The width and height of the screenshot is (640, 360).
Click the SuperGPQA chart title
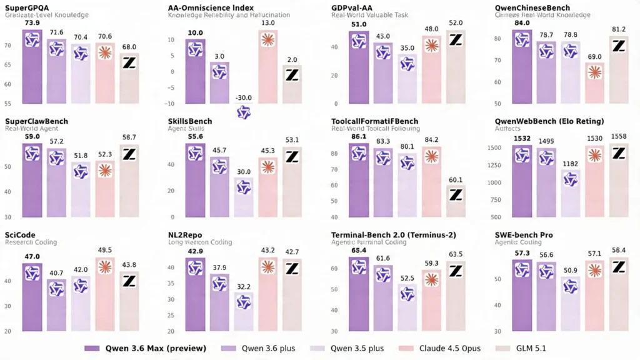[27, 7]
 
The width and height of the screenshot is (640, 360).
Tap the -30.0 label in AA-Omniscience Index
[244, 97]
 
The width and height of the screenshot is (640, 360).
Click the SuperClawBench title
[36, 121]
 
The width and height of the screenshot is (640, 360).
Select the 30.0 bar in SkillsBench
[244, 197]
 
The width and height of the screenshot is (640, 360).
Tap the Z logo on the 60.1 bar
[456, 194]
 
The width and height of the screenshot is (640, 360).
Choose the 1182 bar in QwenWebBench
[570, 194]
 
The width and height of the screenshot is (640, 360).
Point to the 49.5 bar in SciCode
[105, 294]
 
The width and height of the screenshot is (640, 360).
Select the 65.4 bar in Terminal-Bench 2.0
[359, 294]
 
